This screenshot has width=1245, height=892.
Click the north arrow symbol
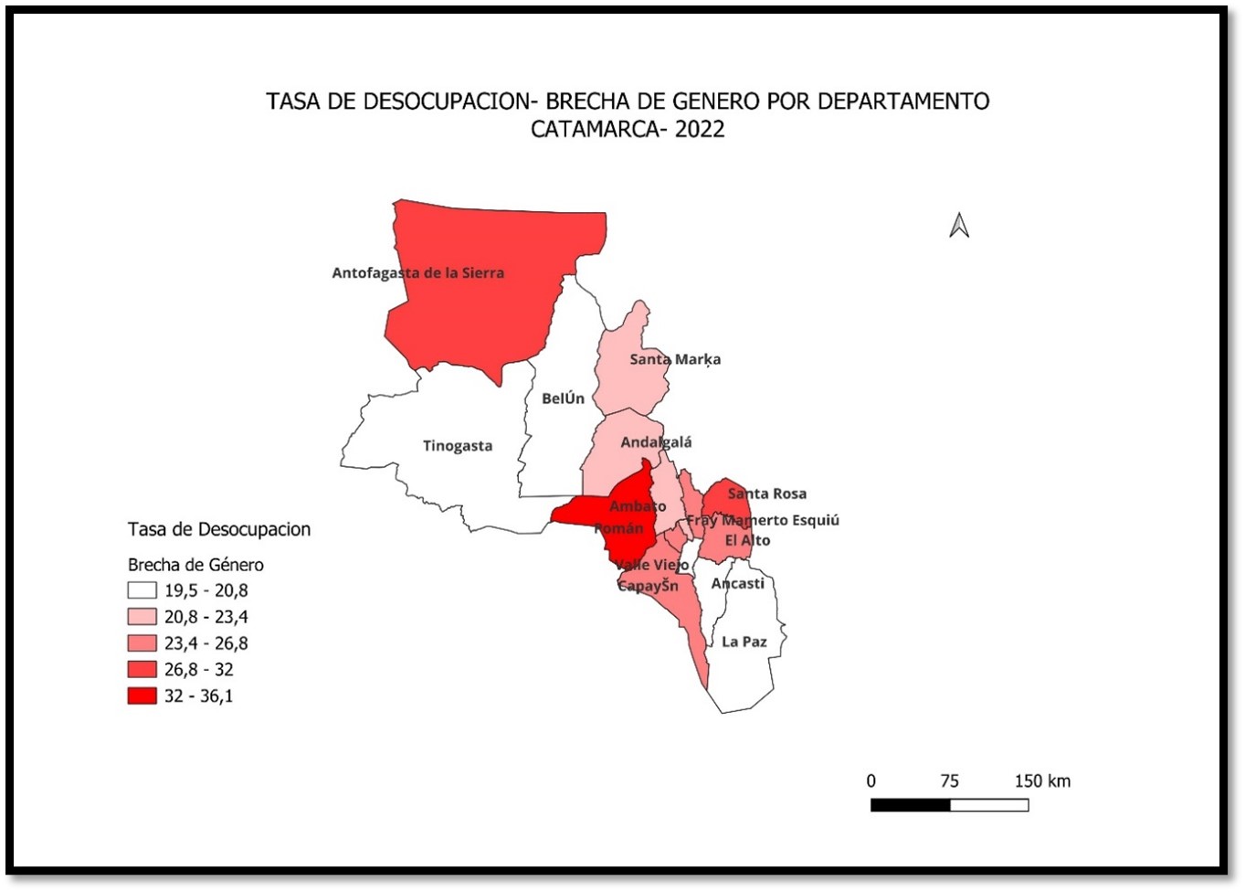[x=959, y=225]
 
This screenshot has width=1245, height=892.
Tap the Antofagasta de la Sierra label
[x=417, y=272]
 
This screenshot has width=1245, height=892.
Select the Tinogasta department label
[x=457, y=446]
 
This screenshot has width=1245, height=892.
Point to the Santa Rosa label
[x=766, y=494]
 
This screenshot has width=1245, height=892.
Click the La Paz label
[x=744, y=642]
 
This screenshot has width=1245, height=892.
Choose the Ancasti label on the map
[x=737, y=583]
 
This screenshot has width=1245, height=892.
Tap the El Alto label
[x=747, y=540]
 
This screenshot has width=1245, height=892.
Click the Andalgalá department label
[x=656, y=442]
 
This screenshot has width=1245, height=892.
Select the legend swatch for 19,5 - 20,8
[x=142, y=590]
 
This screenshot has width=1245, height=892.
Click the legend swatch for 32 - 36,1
[x=142, y=696]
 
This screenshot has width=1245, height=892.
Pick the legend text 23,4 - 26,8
[x=206, y=643]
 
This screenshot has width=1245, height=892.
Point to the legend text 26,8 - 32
[x=198, y=670]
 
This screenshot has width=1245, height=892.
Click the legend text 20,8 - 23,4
[x=206, y=617]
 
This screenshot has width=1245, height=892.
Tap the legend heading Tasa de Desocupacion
[x=219, y=529]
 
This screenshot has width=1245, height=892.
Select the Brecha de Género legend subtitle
[x=195, y=565]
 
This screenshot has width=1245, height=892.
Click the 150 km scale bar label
[x=1041, y=781]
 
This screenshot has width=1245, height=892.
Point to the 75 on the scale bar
[x=949, y=781]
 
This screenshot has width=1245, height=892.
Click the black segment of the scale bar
[x=910, y=805]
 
